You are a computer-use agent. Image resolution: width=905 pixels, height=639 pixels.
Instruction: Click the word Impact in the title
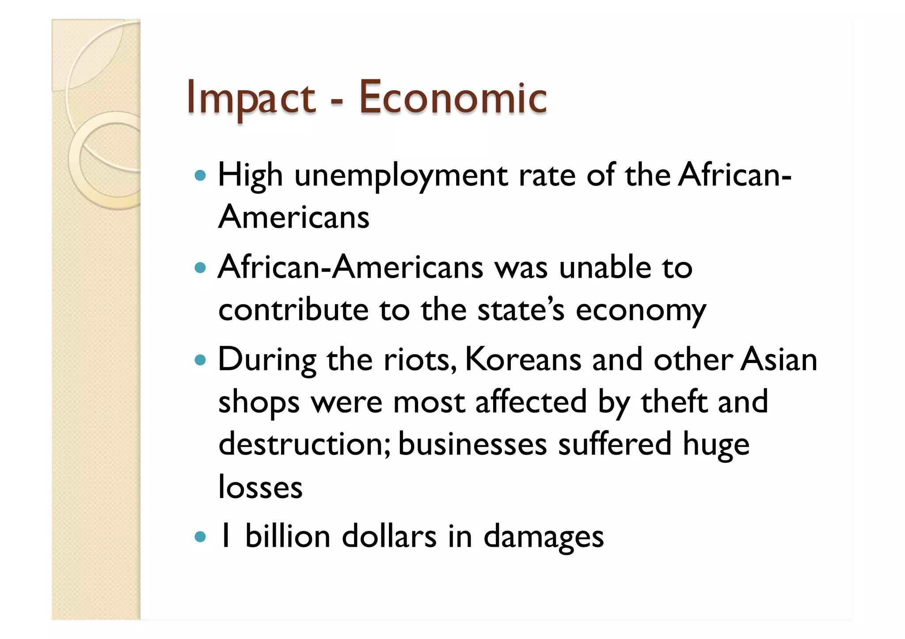point(251,98)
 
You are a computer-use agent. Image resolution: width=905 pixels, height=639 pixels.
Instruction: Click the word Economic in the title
point(452,98)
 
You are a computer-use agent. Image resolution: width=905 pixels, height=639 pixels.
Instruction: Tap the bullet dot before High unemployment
point(200,176)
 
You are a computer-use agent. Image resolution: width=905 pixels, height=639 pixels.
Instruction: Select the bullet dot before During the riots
point(200,360)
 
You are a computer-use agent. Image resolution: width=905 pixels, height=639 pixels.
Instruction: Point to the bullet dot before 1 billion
point(200,537)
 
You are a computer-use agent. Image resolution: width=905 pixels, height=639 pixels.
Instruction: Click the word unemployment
point(401,176)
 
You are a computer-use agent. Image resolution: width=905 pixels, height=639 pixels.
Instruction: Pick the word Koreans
point(523,360)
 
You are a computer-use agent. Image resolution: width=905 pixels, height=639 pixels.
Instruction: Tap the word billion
point(288,537)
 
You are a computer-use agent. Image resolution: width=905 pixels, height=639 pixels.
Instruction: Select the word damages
point(544,537)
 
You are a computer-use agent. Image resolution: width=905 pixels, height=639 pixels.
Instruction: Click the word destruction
point(304,444)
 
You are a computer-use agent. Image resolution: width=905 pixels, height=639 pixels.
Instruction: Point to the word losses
point(260,487)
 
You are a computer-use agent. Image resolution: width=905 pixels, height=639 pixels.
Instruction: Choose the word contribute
point(293,310)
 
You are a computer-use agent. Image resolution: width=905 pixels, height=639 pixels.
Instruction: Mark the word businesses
point(472,444)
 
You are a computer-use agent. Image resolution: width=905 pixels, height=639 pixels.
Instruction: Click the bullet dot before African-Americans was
point(200,268)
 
